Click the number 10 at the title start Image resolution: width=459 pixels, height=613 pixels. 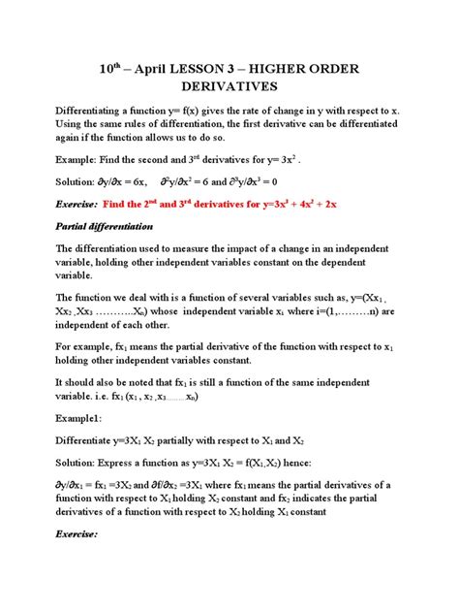coord(107,71)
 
